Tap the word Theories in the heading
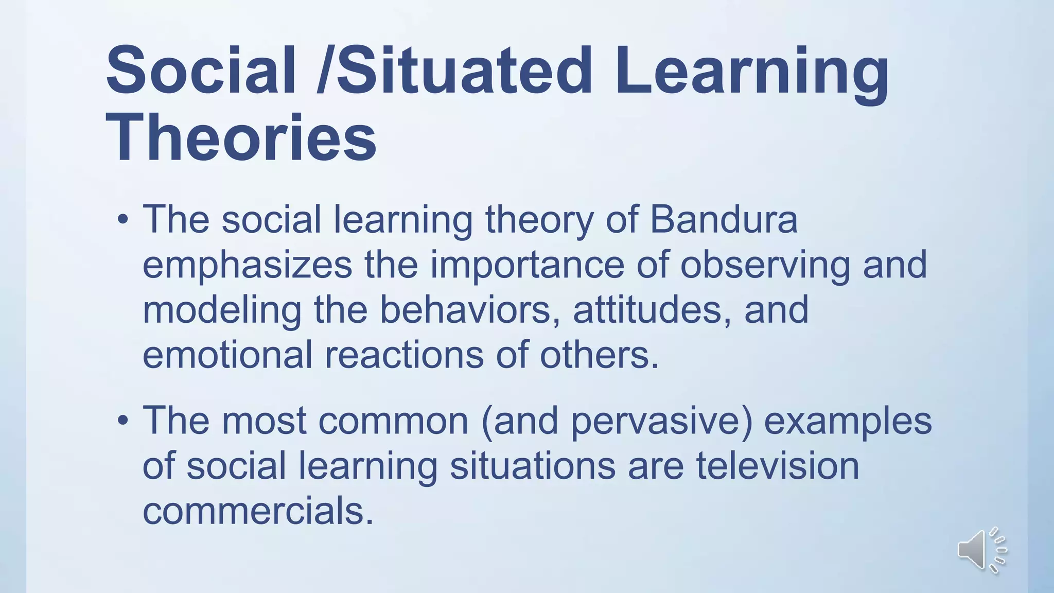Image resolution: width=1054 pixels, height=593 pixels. point(241,138)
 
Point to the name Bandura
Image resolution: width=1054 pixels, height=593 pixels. point(724,219)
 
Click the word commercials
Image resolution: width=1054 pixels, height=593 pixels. point(257,511)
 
